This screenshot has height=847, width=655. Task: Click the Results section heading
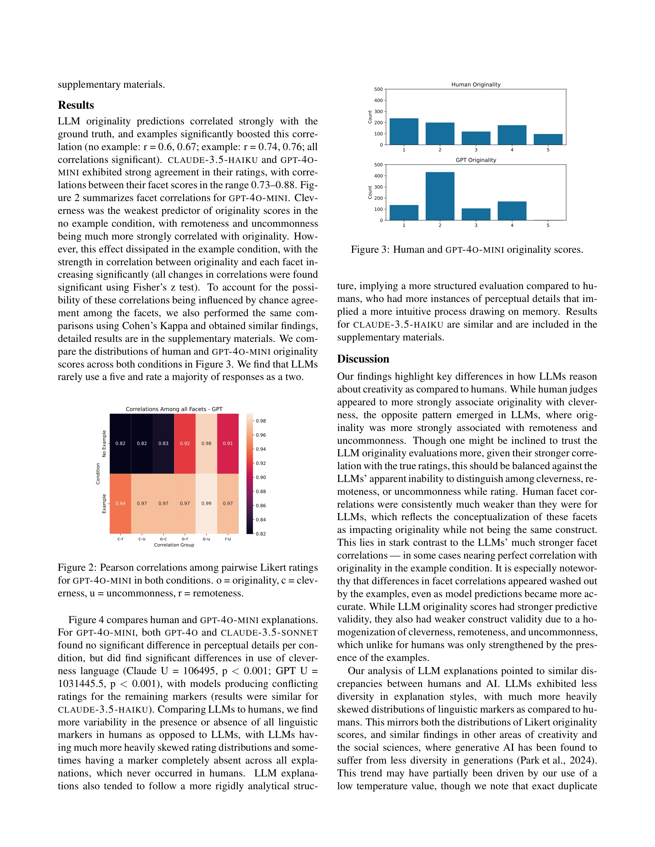tap(76, 105)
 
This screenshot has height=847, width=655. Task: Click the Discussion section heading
tap(363, 359)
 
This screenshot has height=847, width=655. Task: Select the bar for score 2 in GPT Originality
tap(440, 196)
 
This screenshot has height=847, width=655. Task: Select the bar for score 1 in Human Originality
tap(403, 132)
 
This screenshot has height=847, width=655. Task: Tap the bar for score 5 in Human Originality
tap(548, 139)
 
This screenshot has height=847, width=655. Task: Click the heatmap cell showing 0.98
tap(206, 443)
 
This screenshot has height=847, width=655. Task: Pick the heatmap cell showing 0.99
tap(206, 503)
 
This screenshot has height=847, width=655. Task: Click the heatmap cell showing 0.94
tap(120, 503)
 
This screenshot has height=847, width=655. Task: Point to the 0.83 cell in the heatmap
tap(163, 443)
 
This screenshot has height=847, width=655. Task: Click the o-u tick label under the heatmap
tap(206, 539)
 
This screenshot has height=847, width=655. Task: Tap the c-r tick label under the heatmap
tap(120, 539)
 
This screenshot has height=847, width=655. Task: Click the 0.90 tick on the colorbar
tap(261, 477)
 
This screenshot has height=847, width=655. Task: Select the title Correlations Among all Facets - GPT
tap(174, 409)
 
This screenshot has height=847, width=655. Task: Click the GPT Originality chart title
tap(476, 160)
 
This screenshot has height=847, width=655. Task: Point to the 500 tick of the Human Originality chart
tap(378, 89)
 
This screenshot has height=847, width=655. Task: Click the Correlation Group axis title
tap(174, 545)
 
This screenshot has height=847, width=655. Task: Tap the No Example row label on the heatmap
tap(104, 443)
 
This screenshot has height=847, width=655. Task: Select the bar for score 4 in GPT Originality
tap(512, 211)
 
